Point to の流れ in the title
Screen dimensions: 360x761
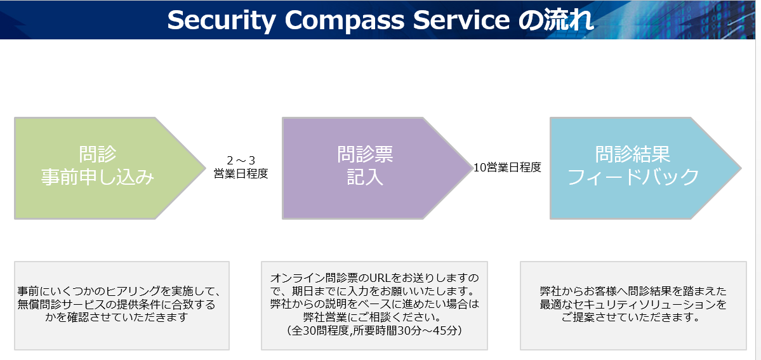556,20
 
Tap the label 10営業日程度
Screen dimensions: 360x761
507,168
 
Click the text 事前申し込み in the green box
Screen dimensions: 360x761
98,177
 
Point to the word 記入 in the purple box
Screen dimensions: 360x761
365,177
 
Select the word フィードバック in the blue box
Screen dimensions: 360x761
633,177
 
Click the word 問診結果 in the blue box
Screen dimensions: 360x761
633,154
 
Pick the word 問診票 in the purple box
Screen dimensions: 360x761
365,154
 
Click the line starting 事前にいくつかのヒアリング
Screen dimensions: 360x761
120,292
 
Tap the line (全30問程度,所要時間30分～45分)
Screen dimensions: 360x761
374,330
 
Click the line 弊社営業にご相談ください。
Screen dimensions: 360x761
374,317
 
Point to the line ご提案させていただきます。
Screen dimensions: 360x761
633,317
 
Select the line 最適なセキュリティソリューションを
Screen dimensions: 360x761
633,305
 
